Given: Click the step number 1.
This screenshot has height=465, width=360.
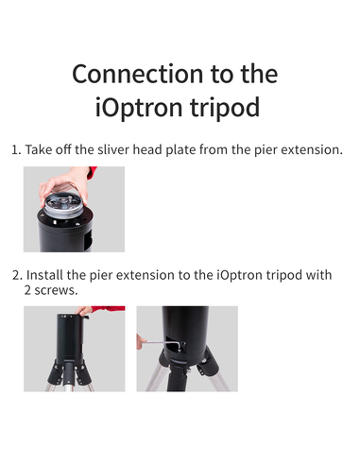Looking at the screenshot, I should point(14,149).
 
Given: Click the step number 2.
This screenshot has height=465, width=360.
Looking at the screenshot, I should point(15,275).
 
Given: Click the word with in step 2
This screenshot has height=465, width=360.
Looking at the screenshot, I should point(318,275).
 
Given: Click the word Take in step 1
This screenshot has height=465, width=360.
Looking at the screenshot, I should point(41,149).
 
